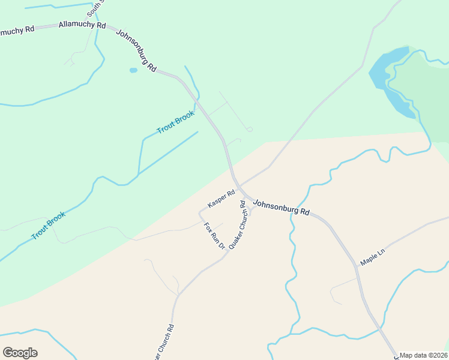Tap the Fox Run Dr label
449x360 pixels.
pos(214,236)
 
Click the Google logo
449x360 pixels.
pos(20,353)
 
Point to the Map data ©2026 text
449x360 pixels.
pos(423,355)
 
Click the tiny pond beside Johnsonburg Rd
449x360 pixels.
pos(133,70)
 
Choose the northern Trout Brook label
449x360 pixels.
pos(175,122)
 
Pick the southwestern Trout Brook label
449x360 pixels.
pos(48,225)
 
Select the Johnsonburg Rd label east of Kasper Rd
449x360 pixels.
pos(281,208)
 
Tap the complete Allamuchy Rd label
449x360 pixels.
pos(82,26)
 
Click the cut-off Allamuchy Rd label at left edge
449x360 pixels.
pos(17,30)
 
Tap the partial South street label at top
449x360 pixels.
pos(95,8)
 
